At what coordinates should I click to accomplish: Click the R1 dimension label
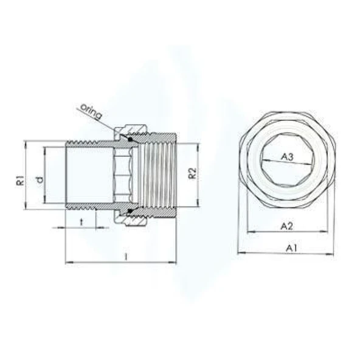pos(19,180)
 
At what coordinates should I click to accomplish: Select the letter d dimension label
pos(38,180)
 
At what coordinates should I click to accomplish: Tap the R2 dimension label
pos(192,173)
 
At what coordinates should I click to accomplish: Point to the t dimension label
pos(81,222)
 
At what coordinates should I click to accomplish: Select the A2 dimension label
pos(287,226)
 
